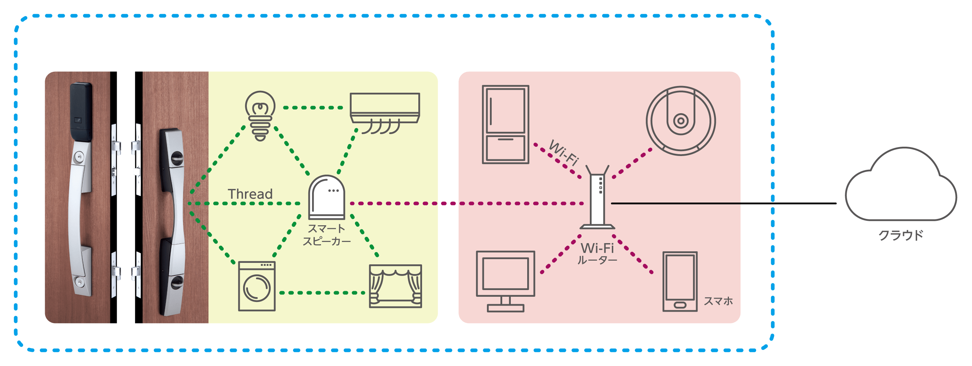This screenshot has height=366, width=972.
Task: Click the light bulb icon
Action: tap(260, 115)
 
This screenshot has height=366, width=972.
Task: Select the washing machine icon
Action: tap(257, 286)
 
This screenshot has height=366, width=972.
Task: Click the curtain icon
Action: tap(395, 286)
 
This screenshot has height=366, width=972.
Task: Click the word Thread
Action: tap(250, 194)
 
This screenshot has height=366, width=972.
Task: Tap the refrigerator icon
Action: tap(505, 124)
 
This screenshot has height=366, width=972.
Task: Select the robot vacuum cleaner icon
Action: tap(680, 121)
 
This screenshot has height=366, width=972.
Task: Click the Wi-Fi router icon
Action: tap(597, 200)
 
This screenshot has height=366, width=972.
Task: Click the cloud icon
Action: tap(900, 187)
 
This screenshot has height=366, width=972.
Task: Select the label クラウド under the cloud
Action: tap(901, 235)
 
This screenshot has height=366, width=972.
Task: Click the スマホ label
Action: tap(718, 301)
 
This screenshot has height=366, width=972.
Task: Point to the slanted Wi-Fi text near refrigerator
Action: tap(563, 153)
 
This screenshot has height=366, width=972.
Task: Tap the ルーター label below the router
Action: tap(597, 261)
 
